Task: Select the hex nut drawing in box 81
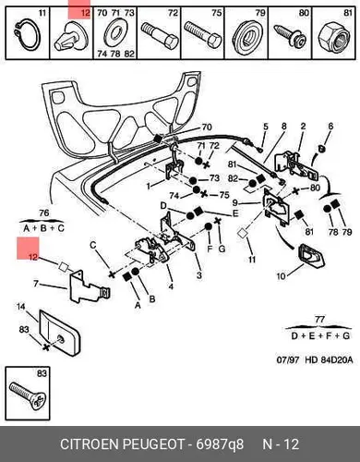(x=334, y=37)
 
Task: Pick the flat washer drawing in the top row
(x=115, y=33)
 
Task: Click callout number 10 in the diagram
(x=282, y=276)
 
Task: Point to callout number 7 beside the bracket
(x=36, y=283)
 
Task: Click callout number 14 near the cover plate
(x=21, y=307)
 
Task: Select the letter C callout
(x=93, y=246)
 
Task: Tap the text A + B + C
(x=43, y=228)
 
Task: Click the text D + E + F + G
(x=320, y=335)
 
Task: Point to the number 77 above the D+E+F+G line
(x=320, y=320)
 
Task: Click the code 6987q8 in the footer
(x=220, y=444)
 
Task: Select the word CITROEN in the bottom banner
(x=90, y=444)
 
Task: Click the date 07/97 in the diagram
(x=288, y=359)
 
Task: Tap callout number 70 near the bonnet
(x=207, y=127)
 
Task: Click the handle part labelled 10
(x=311, y=255)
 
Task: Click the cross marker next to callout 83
(x=46, y=347)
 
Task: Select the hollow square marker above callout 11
(x=243, y=233)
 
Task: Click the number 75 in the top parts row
(x=216, y=13)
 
